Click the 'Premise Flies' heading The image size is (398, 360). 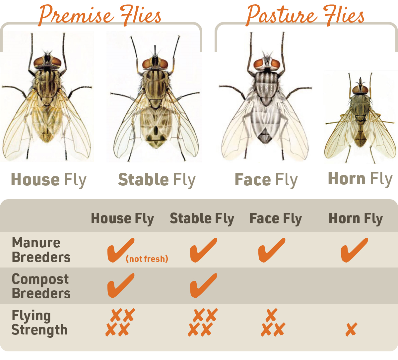(x=100, y=15)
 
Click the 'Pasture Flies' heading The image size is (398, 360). (x=305, y=15)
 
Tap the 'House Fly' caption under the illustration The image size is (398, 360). (x=49, y=180)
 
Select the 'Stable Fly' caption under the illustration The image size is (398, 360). (x=157, y=180)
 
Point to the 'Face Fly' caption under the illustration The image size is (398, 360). (x=266, y=180)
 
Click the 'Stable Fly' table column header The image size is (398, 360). (x=202, y=218)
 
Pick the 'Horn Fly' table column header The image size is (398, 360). (x=356, y=218)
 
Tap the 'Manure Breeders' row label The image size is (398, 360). (x=41, y=250)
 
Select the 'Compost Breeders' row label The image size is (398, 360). (x=41, y=286)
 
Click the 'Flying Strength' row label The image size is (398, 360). (x=39, y=323)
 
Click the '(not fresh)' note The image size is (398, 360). (x=147, y=259)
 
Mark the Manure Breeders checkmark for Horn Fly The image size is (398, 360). (x=354, y=250)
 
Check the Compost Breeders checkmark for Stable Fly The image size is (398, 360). (x=203, y=285)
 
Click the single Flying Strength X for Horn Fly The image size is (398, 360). (x=351, y=330)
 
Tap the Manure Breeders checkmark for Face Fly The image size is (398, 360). (x=271, y=250)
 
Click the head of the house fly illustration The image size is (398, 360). (x=47, y=61)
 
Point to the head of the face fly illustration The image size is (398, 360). (x=267, y=63)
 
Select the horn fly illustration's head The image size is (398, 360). (x=360, y=89)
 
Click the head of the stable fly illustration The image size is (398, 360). (x=155, y=63)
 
